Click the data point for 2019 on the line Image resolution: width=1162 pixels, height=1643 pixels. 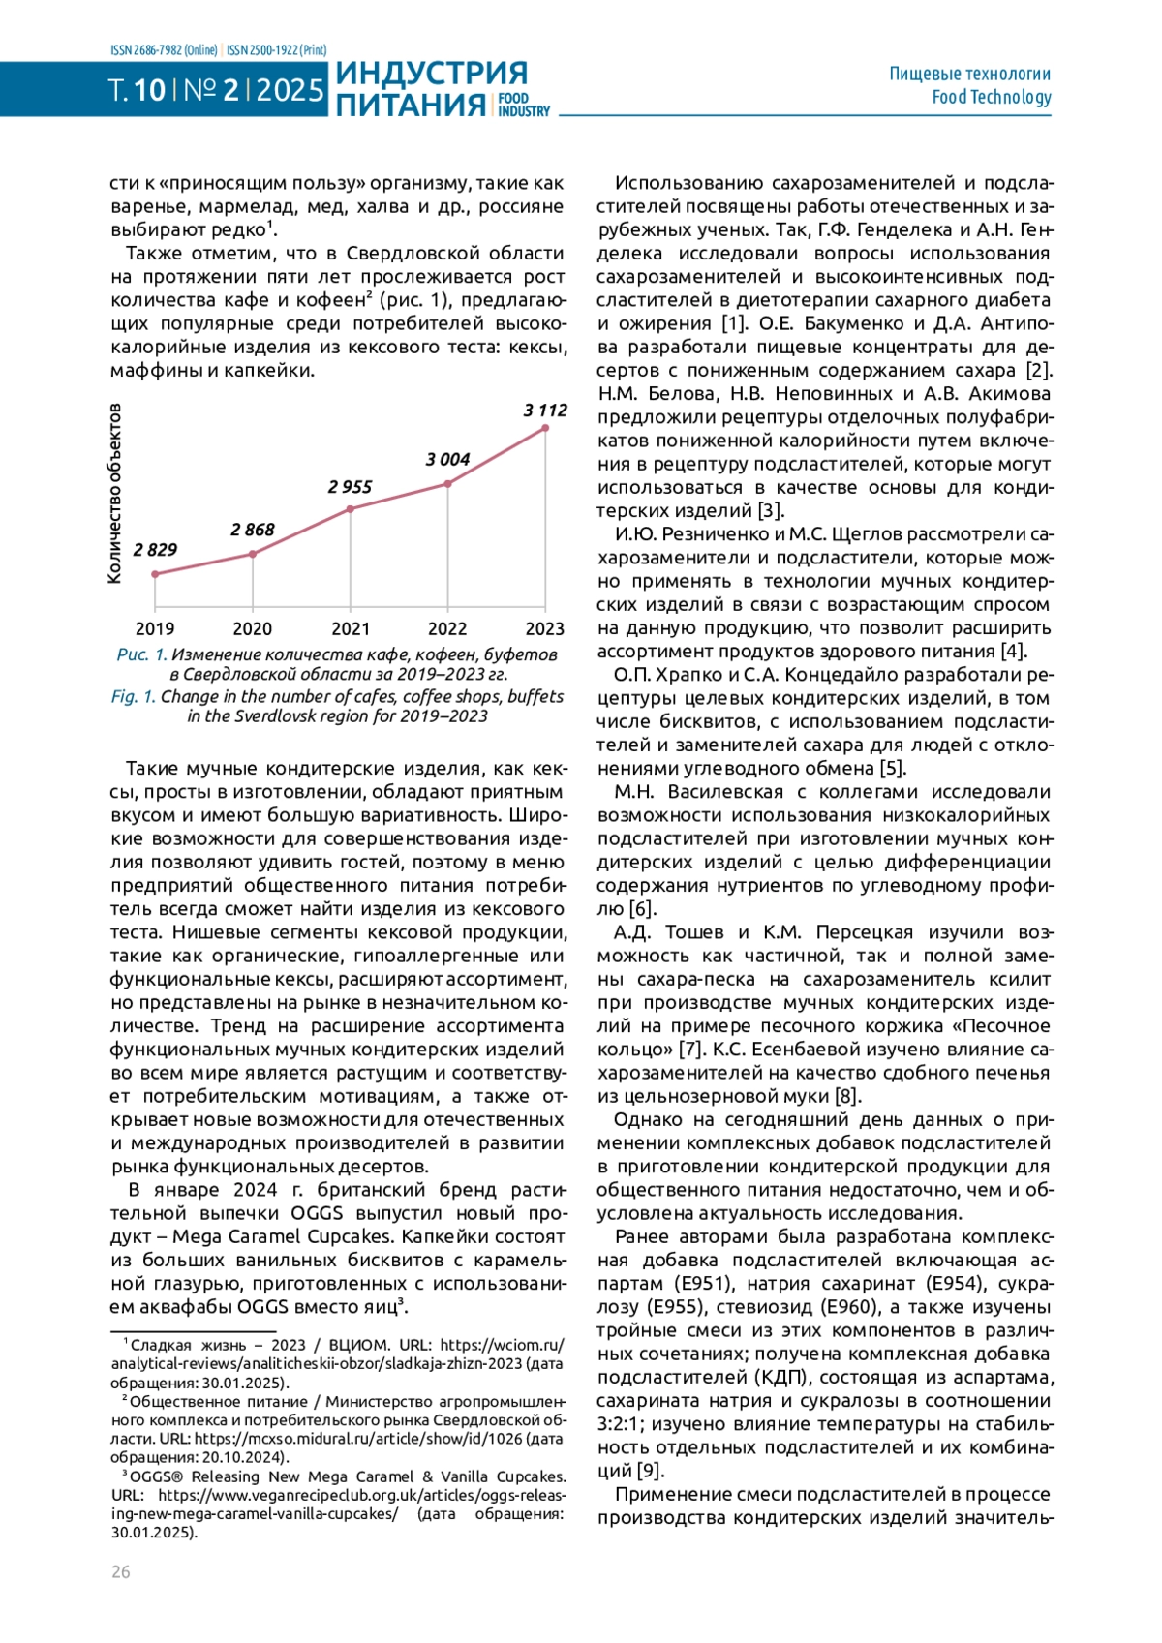(155, 574)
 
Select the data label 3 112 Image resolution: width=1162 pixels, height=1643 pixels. (545, 411)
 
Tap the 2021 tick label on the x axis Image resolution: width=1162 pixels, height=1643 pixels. (350, 629)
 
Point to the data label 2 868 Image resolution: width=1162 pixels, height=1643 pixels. (253, 530)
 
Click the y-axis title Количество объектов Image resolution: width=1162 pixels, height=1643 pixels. (114, 494)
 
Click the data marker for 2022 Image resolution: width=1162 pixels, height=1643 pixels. (447, 484)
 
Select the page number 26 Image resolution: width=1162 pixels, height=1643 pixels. (120, 1571)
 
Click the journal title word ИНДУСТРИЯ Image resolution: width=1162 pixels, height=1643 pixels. (431, 74)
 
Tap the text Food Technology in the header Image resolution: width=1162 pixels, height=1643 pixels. (991, 97)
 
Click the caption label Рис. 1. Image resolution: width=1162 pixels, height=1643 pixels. (141, 654)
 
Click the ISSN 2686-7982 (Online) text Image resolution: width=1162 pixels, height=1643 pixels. (164, 50)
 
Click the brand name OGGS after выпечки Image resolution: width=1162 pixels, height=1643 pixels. (318, 1213)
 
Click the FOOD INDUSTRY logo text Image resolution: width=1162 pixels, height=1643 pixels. (524, 105)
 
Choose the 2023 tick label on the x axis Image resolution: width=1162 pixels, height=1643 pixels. (544, 629)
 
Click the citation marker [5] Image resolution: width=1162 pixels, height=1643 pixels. (892, 769)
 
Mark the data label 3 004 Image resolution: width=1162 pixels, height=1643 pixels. (447, 459)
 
